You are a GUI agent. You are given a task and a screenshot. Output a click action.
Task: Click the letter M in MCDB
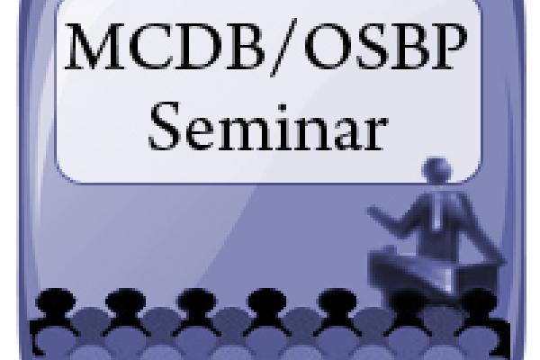point(95,46)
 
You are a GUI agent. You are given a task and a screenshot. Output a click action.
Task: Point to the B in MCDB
point(245,47)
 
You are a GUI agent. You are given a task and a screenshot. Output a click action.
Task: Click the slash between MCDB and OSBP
point(283,47)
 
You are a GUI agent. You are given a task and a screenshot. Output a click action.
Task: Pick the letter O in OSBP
point(328,47)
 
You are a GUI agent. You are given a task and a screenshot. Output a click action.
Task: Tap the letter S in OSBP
point(371,47)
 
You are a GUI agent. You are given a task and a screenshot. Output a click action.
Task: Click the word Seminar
point(268,126)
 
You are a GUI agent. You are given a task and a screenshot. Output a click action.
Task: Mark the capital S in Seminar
point(165,126)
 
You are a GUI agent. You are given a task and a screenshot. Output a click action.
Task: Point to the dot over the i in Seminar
point(283,108)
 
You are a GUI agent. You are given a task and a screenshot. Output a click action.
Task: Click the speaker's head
point(436,170)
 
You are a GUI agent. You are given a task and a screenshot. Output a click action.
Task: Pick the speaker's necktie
point(436,210)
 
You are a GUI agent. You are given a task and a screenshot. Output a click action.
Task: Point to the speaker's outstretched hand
point(374,210)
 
